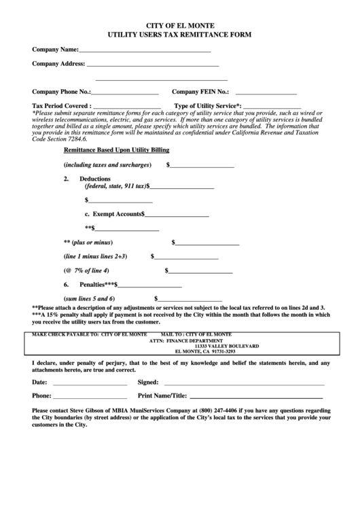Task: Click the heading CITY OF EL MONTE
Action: tap(179, 24)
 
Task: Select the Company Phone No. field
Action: tap(125, 92)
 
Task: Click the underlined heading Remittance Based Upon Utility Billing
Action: tap(116, 150)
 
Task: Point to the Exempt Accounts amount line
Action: tap(177, 215)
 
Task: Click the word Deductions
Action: tap(95, 179)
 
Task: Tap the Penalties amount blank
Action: tap(152, 285)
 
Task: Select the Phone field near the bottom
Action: tap(90, 396)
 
